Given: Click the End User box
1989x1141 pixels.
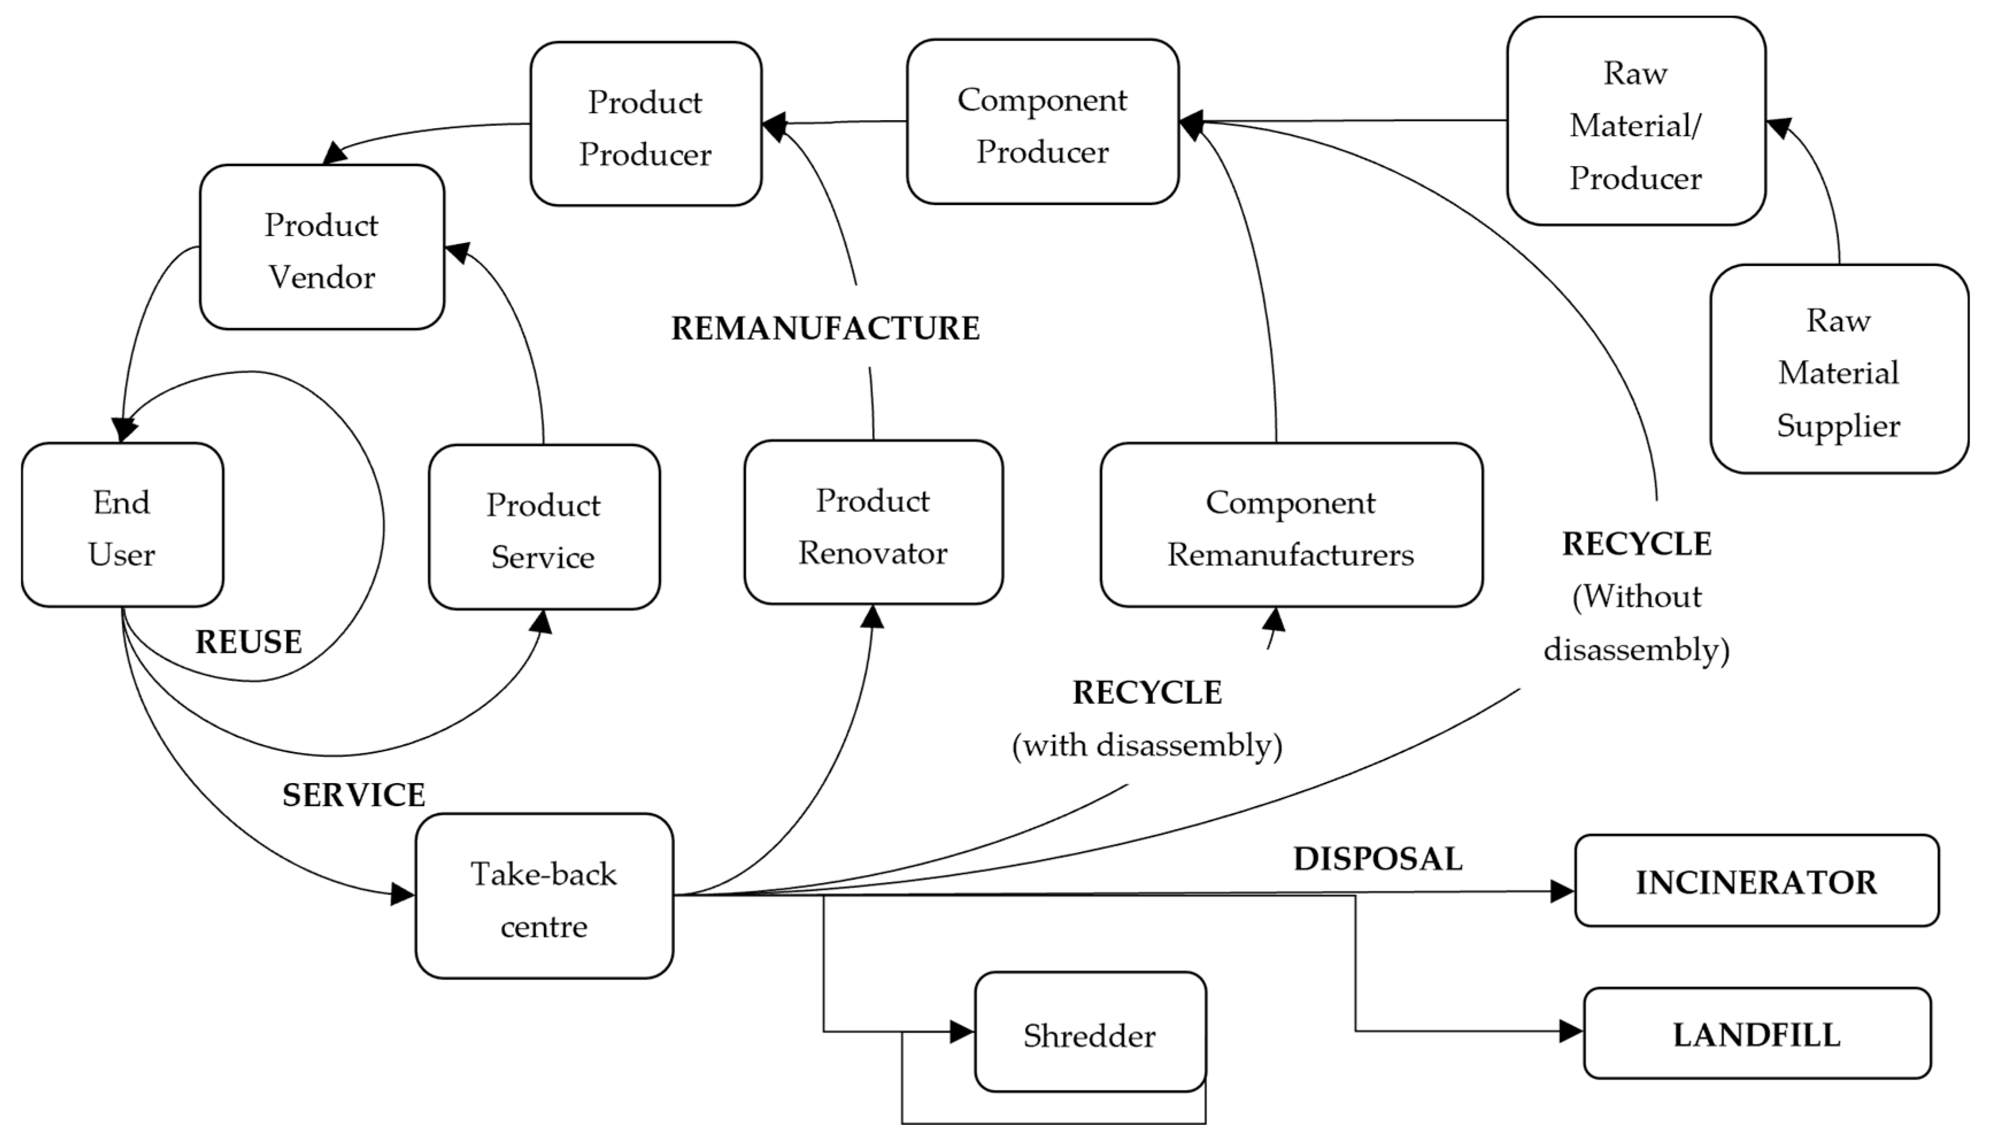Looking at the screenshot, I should pos(122,525).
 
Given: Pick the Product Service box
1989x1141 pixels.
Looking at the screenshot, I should pos(544,527).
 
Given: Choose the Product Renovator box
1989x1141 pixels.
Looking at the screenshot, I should pos(873,523).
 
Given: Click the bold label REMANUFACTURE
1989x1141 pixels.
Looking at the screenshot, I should pos(825,327).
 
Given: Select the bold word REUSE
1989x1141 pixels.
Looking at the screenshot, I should pos(248,642).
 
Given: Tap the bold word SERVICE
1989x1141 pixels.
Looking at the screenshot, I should pos(353,795).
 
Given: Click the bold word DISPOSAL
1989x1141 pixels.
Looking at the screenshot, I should pos(1377,858).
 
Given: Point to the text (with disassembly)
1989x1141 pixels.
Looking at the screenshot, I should pos(1147,745).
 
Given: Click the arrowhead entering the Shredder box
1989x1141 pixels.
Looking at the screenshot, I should pos(962,1031).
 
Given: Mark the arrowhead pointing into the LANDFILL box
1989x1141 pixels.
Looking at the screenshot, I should pos(1571,1031).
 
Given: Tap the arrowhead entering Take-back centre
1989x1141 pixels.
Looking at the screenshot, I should pos(403,893).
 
